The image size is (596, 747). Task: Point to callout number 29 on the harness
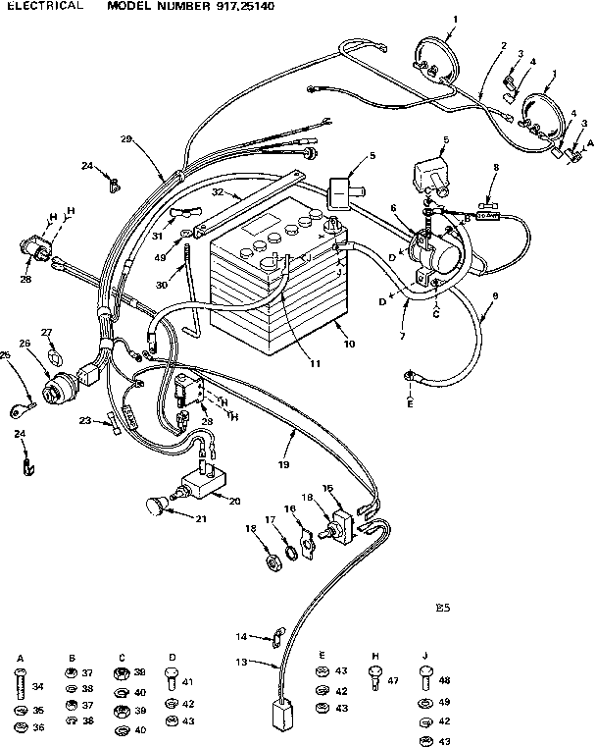coord(125,139)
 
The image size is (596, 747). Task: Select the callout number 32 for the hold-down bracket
coord(218,194)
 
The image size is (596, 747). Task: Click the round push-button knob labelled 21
coord(153,507)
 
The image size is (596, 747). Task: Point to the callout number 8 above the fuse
coord(496,168)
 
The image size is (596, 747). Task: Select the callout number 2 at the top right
coord(503,46)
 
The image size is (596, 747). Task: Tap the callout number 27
coord(46,332)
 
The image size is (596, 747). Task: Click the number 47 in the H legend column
coord(392,679)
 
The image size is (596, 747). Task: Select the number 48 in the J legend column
coord(443,680)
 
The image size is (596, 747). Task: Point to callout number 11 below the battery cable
coord(315,363)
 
